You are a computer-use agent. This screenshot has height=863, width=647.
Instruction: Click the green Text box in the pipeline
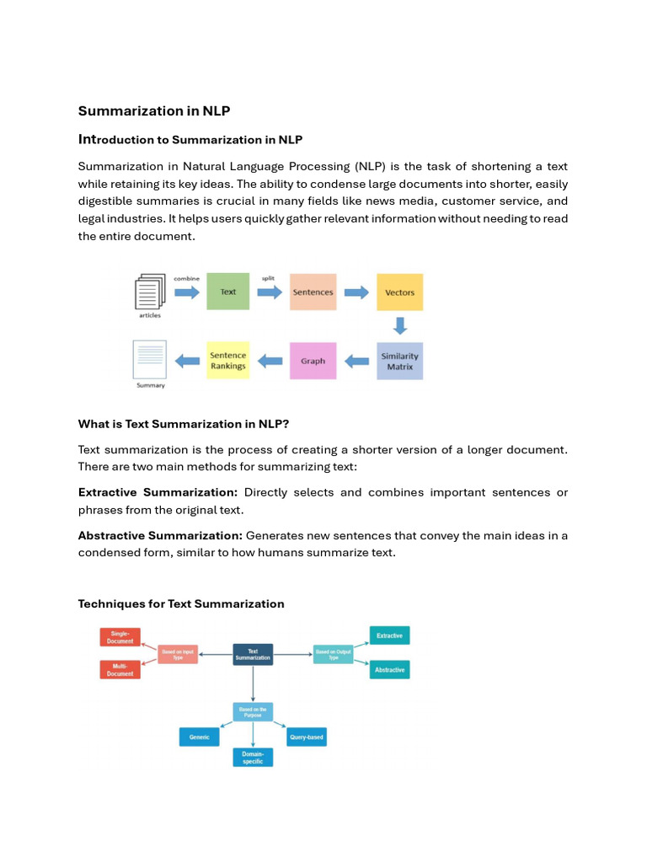point(228,292)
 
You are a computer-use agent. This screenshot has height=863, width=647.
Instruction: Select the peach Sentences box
point(313,292)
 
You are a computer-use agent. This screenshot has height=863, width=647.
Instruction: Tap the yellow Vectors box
point(399,292)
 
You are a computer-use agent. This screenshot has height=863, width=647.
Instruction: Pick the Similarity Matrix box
point(399,361)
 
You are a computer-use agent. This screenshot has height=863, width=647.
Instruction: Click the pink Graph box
point(313,361)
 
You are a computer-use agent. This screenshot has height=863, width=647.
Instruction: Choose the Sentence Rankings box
point(228,360)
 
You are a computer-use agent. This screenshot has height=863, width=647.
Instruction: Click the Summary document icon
point(150,359)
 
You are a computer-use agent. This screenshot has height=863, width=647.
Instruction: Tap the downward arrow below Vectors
point(400,325)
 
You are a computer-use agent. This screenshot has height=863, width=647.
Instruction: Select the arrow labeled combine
point(186,292)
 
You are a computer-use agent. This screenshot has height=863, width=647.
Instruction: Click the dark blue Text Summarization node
point(253,655)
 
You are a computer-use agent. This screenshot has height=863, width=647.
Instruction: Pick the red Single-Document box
point(120,637)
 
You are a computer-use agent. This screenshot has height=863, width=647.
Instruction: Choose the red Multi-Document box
point(120,670)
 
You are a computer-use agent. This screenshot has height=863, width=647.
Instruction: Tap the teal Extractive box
point(389,635)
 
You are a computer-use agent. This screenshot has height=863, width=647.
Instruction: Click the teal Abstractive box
point(389,670)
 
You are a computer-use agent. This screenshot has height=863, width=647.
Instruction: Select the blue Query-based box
point(307,737)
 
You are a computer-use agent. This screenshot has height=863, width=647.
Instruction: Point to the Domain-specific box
point(253,757)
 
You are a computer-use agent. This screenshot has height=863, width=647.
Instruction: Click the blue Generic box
point(200,737)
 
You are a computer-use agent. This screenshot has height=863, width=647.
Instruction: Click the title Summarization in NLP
point(154,110)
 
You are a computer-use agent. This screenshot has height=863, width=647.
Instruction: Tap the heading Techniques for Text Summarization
point(181,603)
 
